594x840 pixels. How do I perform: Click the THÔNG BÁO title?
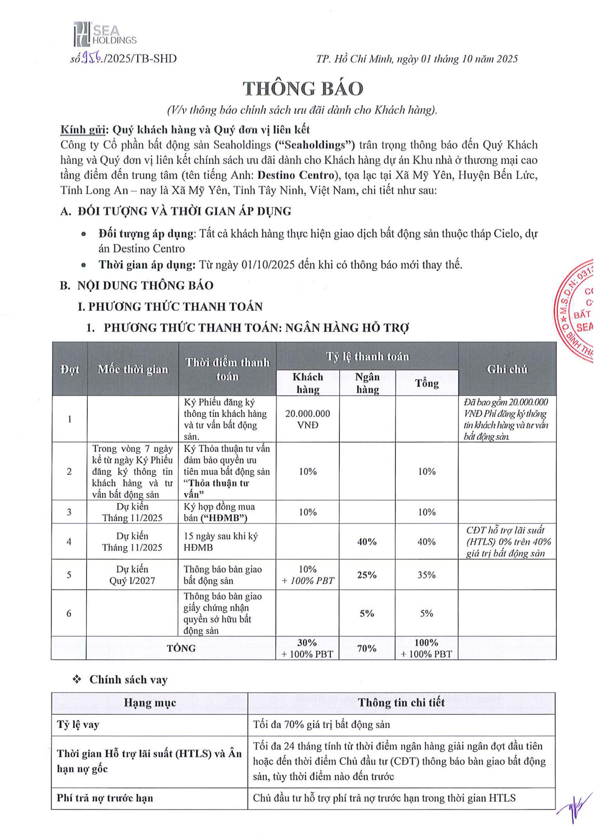[x=303, y=89]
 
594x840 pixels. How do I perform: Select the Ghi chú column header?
[x=507, y=369]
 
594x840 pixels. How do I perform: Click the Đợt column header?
[x=70, y=369]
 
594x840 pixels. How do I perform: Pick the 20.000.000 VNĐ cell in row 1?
[x=308, y=419]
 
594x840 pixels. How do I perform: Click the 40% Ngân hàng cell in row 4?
[x=367, y=542]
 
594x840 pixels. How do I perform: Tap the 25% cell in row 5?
[x=367, y=575]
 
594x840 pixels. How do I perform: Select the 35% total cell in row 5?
[x=426, y=575]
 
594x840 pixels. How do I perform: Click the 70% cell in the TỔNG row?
[x=367, y=648]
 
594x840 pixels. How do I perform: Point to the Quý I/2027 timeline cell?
[x=132, y=580]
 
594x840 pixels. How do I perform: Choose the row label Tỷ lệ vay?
[x=78, y=724]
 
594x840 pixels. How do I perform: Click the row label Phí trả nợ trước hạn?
[x=105, y=798]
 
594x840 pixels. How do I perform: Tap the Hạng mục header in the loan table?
[x=150, y=703]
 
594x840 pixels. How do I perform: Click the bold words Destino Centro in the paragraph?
[x=296, y=175]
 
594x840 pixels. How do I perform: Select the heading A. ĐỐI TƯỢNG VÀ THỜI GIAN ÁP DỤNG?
[x=176, y=211]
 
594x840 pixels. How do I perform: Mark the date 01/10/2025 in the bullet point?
[x=268, y=265]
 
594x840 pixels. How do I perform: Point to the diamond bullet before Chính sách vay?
[x=77, y=680]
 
